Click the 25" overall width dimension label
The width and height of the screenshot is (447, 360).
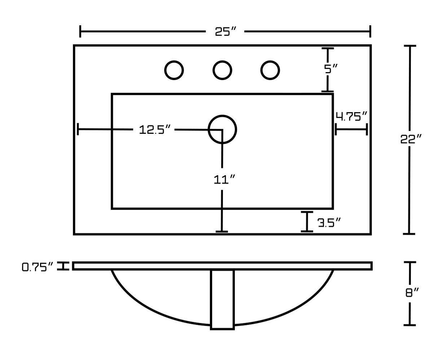[x=225, y=32]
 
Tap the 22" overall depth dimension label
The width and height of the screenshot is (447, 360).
[x=411, y=139]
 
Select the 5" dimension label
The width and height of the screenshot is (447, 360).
[x=331, y=69]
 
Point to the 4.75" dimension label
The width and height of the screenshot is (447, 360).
[x=351, y=116]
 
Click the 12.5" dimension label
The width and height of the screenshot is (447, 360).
[x=155, y=129]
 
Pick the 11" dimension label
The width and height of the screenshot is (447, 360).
[x=224, y=180]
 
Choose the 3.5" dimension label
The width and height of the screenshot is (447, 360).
[x=329, y=223]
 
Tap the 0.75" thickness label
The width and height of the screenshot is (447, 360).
[x=38, y=267]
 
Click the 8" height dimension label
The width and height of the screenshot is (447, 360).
[x=412, y=293]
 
